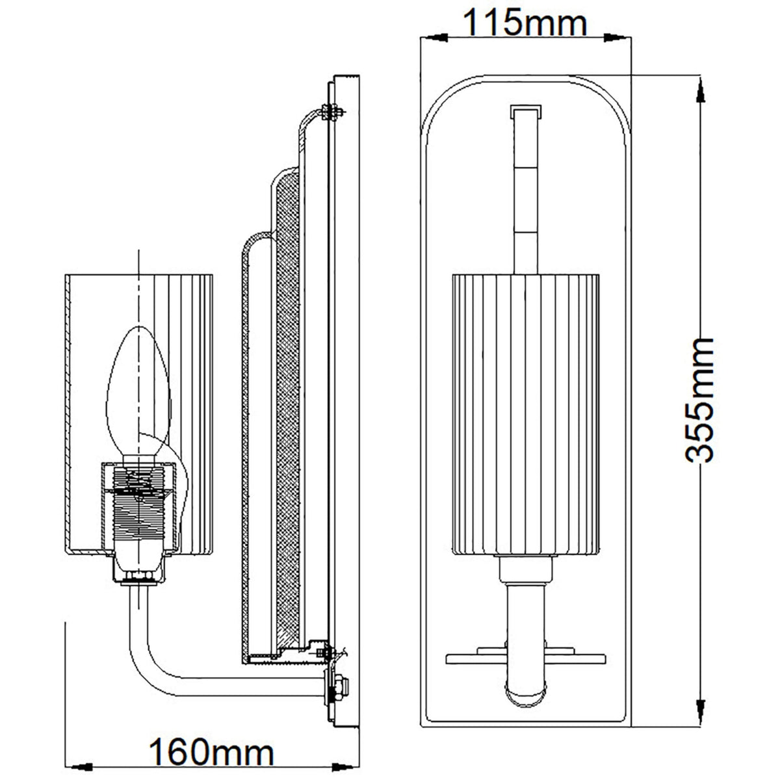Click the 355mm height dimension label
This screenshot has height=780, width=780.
[x=701, y=399]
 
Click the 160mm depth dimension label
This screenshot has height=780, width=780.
[x=211, y=752]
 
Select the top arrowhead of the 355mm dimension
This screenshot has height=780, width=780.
[x=700, y=88]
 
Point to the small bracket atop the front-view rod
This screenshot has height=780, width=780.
[x=525, y=111]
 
